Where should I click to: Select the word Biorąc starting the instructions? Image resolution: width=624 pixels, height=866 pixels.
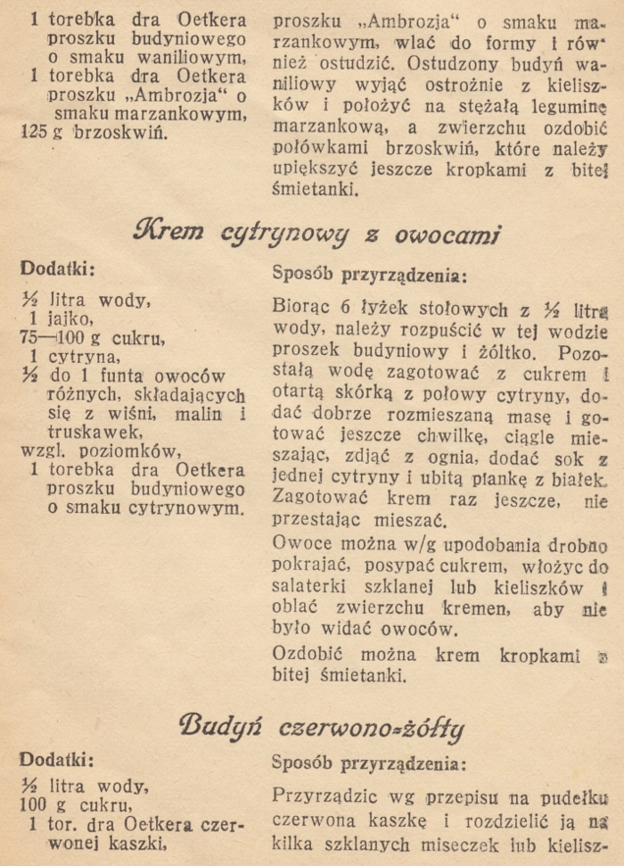301,308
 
